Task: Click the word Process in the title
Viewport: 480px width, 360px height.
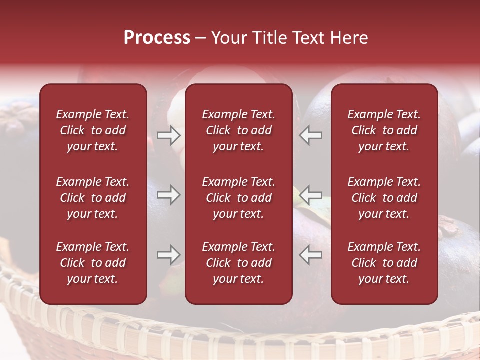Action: (157, 38)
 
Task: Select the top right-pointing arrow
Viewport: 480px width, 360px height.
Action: (168, 135)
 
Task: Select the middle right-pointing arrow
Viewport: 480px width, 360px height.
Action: (168, 195)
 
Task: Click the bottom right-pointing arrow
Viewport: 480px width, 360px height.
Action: (168, 255)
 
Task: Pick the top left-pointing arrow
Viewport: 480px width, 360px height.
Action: (311, 135)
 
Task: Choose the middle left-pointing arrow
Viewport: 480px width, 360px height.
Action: (311, 195)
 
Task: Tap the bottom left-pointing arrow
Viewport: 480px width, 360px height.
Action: (311, 255)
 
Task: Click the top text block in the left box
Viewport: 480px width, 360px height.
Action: (93, 130)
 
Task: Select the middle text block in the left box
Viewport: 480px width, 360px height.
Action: (93, 198)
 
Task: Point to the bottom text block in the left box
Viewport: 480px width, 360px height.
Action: (93, 263)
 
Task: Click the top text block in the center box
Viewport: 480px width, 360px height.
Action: (238, 130)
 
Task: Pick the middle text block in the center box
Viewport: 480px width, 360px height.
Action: (238, 198)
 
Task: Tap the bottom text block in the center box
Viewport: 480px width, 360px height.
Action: (238, 263)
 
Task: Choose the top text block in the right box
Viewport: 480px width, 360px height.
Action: (384, 130)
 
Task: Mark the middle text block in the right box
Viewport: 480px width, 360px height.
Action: (384, 198)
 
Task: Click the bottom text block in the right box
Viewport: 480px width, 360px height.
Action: (384, 263)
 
